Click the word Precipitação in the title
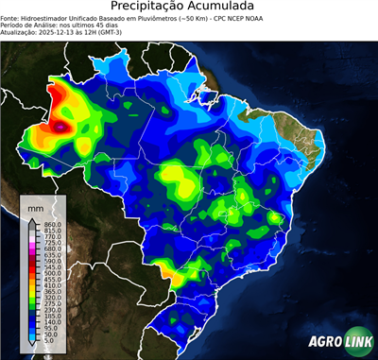(155, 8)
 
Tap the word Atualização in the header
(20, 37)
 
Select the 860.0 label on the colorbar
(53, 223)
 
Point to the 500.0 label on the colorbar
(53, 272)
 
